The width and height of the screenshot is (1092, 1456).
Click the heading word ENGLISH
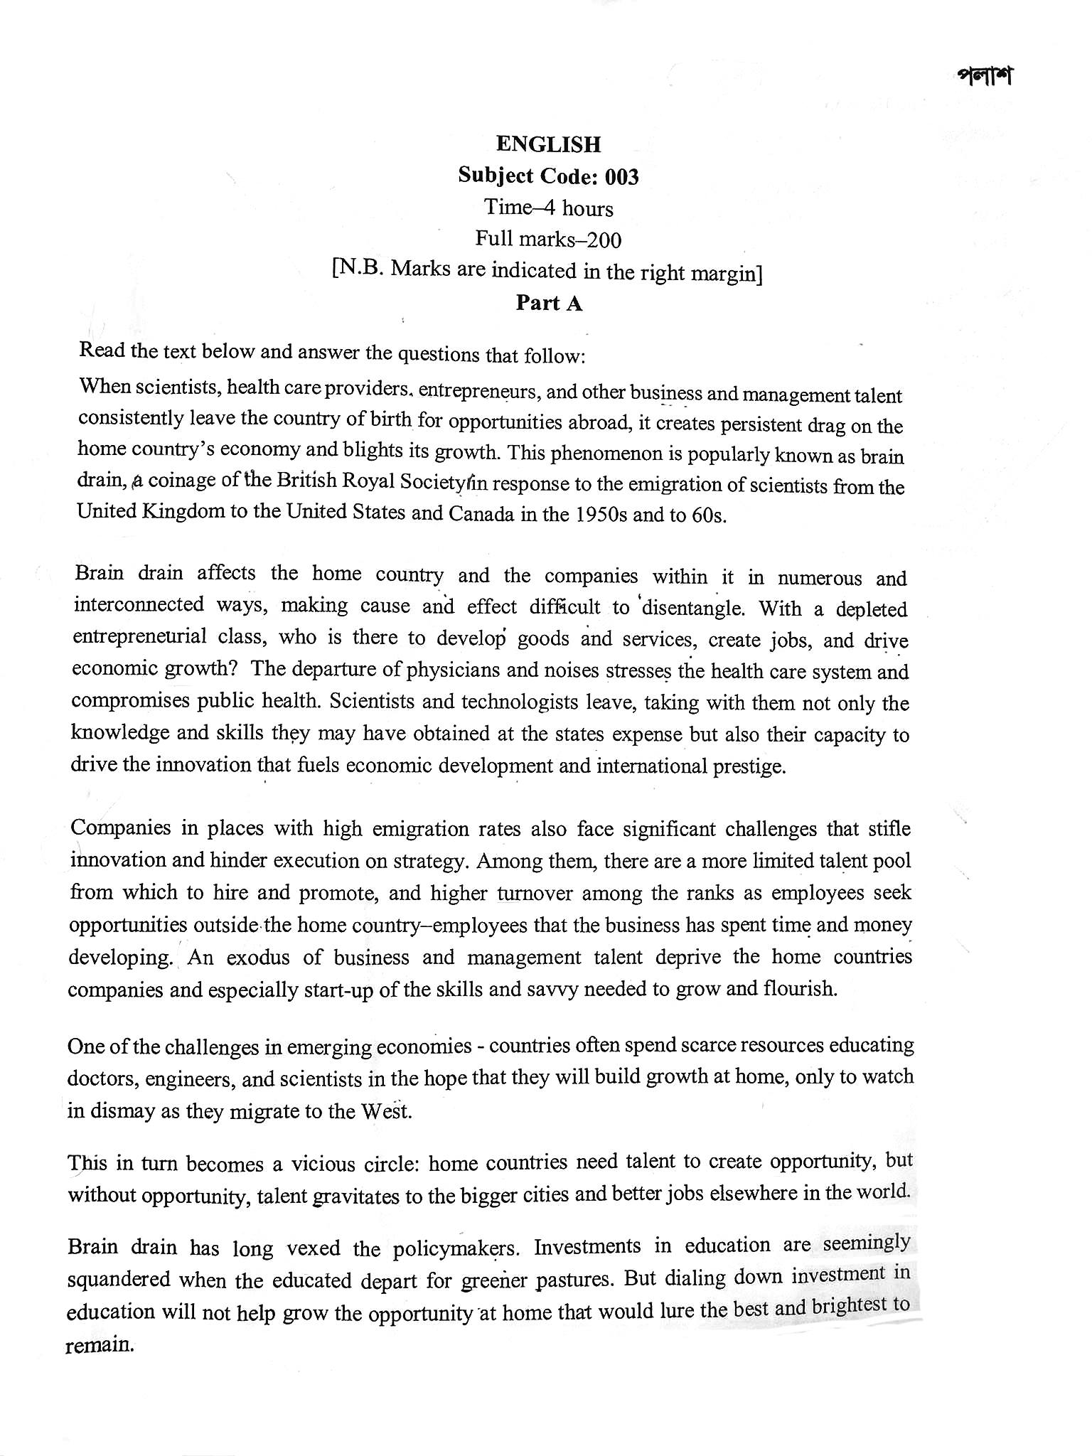[x=548, y=144]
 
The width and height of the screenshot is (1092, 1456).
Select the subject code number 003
[x=623, y=176]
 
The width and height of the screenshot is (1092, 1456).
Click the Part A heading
[x=549, y=304]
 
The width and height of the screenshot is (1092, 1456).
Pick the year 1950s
[x=599, y=515]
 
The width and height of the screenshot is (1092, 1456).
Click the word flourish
[x=800, y=989]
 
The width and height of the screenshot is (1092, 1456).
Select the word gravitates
[x=356, y=1196]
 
